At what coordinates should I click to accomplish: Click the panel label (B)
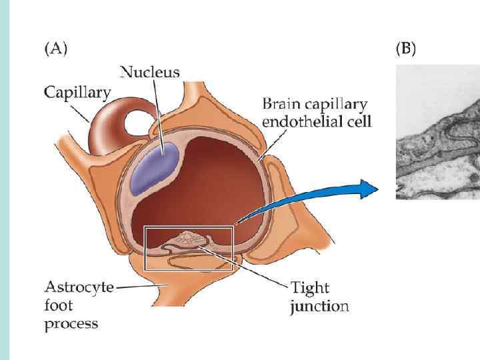point(405,49)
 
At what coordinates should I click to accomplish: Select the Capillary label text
point(77,92)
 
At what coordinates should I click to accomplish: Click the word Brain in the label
point(281,105)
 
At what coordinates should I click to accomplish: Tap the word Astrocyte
point(79,287)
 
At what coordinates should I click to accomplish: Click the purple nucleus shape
point(155,167)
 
